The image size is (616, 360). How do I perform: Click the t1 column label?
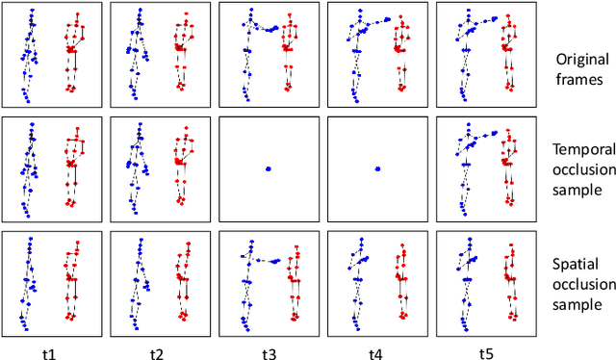(x=48, y=352)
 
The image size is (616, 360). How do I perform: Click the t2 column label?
(x=157, y=352)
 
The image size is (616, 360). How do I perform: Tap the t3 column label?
(x=269, y=352)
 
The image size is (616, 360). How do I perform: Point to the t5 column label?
(x=486, y=352)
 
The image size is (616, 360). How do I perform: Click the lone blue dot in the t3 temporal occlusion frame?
(x=269, y=169)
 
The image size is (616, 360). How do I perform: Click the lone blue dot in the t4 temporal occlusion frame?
(x=377, y=169)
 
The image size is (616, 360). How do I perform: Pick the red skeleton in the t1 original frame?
(x=72, y=53)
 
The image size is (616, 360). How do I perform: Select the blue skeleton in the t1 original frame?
(x=29, y=53)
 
